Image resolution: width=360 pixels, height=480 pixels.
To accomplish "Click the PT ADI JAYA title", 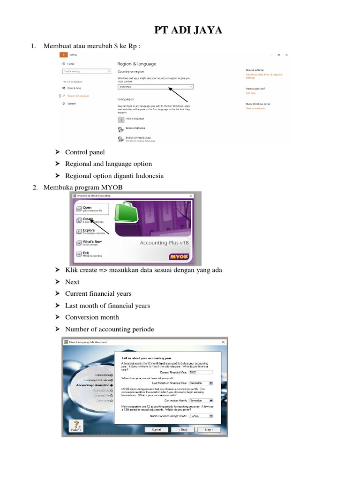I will [x=188, y=31].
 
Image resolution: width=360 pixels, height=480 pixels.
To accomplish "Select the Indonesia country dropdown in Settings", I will [x=155, y=87].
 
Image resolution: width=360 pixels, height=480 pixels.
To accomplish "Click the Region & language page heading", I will [x=136, y=64].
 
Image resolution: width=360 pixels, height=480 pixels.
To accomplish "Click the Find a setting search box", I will [x=82, y=71].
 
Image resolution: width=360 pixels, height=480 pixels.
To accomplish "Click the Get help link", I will [x=250, y=94].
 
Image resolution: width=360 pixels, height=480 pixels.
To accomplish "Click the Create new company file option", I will [x=89, y=220].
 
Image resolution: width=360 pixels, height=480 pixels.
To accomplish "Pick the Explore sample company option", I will [x=89, y=231].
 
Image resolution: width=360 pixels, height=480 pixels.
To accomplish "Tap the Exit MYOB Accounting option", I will [x=89, y=254].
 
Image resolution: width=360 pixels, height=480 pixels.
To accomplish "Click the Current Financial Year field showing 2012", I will [x=200, y=373].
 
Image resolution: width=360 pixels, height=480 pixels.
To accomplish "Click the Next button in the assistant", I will [x=209, y=429].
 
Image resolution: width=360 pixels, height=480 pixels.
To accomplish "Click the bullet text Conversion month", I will [x=92, y=317].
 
